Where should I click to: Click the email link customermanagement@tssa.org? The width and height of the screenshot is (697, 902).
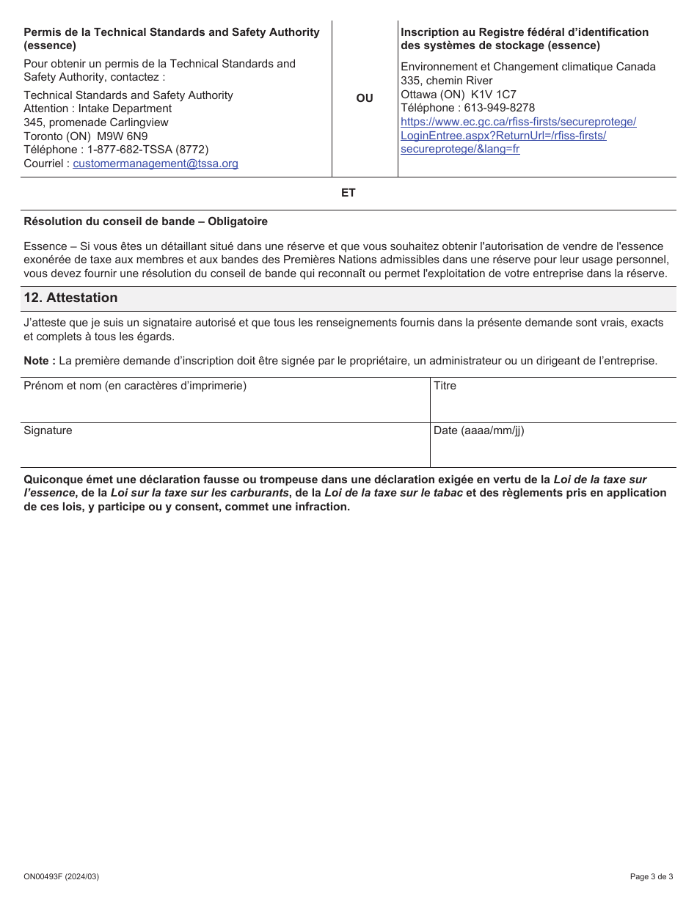tap(156, 164)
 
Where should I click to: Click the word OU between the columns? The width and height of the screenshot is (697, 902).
tap(365, 98)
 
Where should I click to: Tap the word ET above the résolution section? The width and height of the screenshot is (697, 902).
tap(348, 193)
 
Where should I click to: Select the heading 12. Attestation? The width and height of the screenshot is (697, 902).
tap(70, 298)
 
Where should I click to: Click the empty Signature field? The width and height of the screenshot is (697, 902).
tap(225, 449)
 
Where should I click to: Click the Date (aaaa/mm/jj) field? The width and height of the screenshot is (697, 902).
tap(552, 449)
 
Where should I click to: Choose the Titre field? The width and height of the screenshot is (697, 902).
tap(552, 404)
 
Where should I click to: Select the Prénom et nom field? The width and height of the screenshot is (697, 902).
tap(225, 404)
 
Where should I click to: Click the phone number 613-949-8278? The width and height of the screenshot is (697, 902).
tap(500, 108)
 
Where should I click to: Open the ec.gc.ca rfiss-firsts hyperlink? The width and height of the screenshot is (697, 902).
tap(518, 122)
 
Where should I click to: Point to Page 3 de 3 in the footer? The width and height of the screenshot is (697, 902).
tap(651, 876)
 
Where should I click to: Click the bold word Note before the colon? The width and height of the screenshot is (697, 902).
tap(37, 361)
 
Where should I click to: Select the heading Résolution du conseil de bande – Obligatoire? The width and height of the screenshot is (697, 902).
tap(145, 221)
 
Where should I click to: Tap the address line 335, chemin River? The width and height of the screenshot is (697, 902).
tap(447, 81)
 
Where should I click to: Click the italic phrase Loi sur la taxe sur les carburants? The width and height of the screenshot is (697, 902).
tap(200, 493)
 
